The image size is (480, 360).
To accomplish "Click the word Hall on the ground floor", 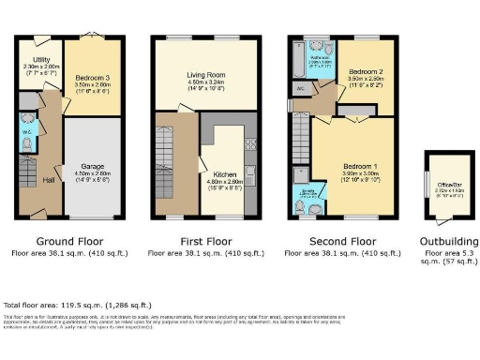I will coord(48,180).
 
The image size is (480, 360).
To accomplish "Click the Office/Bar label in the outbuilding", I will coord(441,185).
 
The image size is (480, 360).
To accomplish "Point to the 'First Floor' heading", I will coord(205,240).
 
